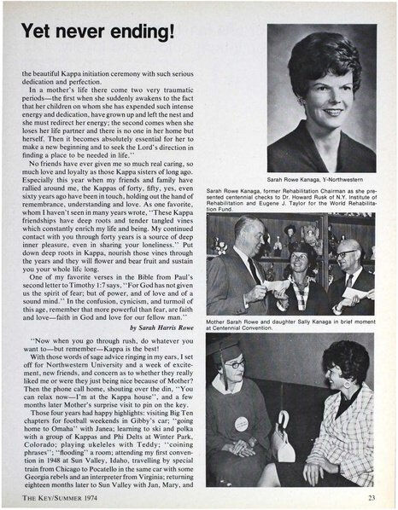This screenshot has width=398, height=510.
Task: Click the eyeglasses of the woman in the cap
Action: pos(233,365)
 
